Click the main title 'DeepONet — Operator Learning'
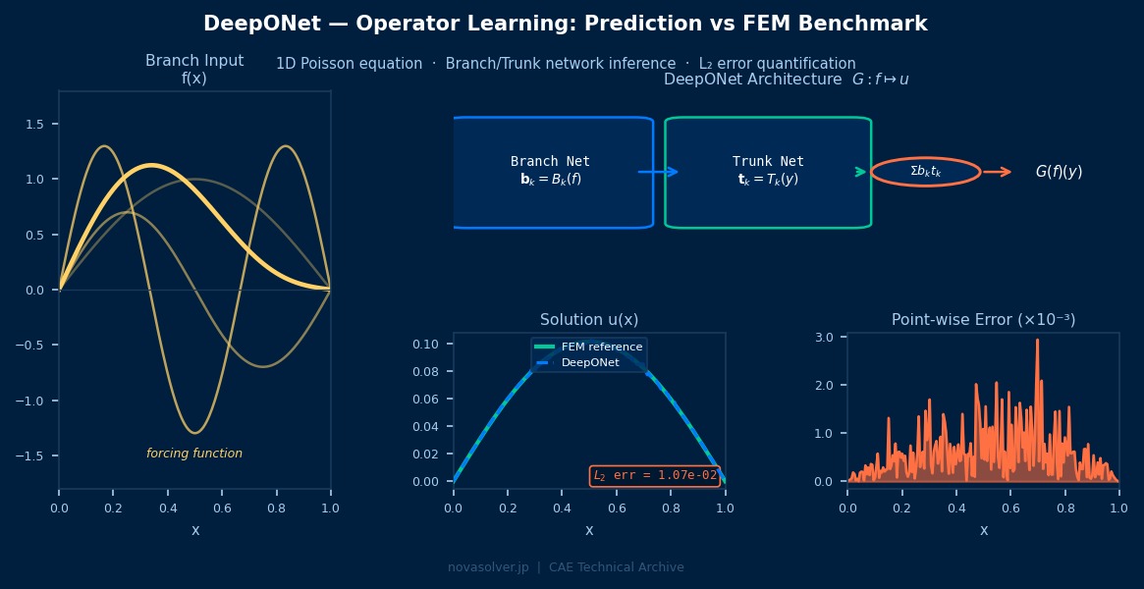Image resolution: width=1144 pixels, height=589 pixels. coord(565,24)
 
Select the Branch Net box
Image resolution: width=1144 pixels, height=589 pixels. coord(552,172)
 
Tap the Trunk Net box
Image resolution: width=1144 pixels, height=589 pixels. coord(768,172)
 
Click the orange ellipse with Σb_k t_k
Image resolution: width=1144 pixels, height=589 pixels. coord(925,172)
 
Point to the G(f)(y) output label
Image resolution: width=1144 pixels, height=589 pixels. coord(1059,172)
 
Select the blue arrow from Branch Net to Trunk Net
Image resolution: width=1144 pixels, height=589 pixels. coord(659,172)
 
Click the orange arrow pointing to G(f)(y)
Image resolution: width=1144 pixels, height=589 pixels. coord(997,172)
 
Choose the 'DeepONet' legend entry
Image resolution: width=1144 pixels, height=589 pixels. coord(590,362)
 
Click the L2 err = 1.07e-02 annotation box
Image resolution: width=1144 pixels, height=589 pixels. coord(655,475)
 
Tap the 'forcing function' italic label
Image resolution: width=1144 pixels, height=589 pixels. coord(194,454)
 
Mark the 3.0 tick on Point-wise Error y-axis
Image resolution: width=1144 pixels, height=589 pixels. coord(825,337)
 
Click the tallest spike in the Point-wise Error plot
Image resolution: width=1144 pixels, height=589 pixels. coord(1037,342)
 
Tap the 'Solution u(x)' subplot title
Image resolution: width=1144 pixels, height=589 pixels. coord(589,320)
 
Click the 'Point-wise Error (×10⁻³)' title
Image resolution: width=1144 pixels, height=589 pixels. coord(983,320)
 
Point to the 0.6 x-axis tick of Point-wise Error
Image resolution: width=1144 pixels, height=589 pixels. coord(1010,508)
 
